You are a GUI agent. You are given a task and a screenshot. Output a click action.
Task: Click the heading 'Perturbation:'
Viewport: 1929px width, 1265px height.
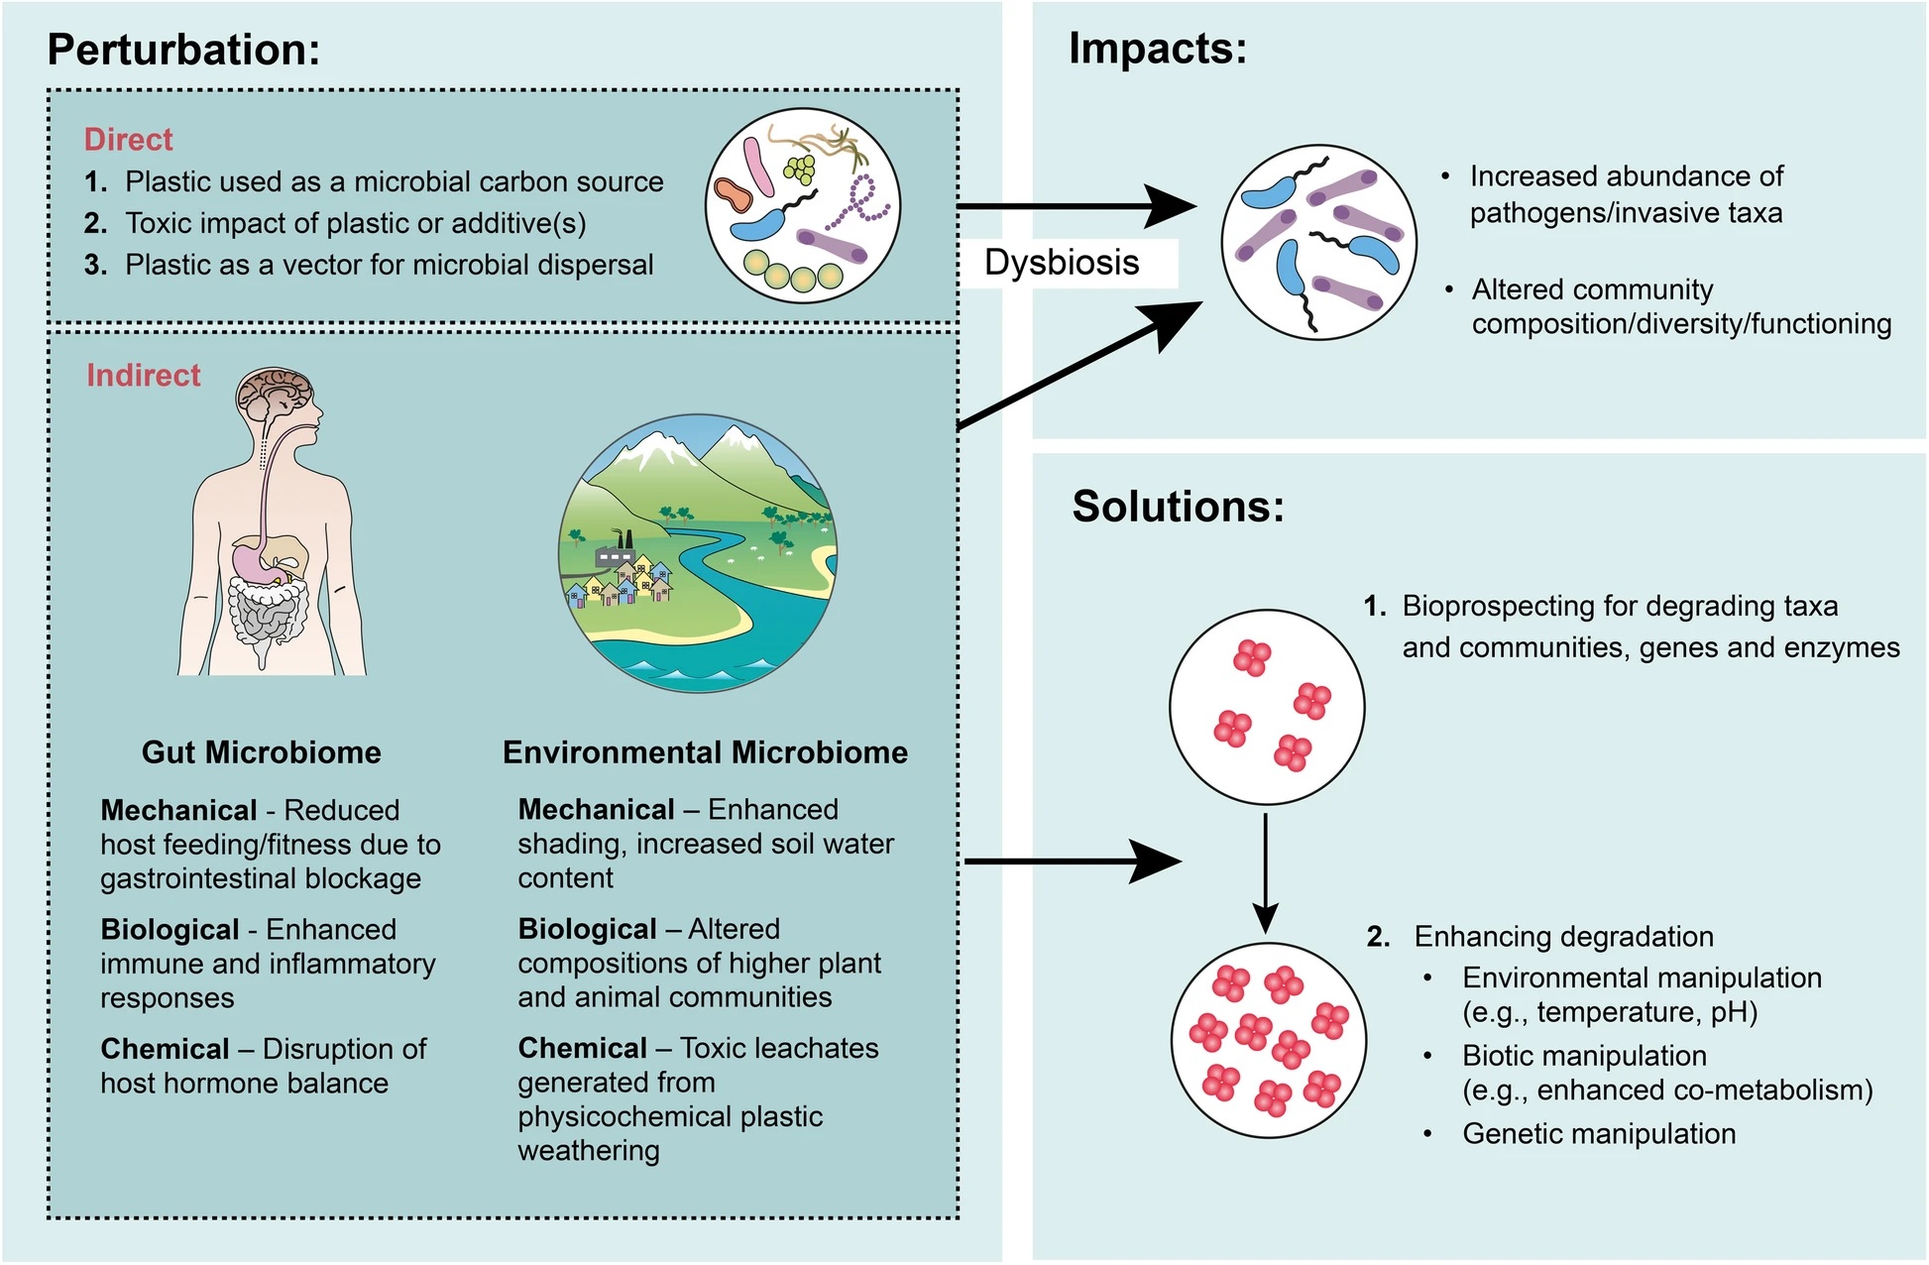tap(183, 50)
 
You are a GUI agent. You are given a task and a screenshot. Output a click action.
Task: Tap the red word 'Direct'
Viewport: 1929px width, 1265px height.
tap(128, 140)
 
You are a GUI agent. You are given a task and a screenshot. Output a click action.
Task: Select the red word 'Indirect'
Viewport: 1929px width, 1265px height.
tap(143, 376)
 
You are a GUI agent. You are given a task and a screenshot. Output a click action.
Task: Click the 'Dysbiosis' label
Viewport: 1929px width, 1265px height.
tap(1062, 263)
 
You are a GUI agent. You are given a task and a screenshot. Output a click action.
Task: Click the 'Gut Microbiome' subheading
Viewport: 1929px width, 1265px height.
tap(261, 752)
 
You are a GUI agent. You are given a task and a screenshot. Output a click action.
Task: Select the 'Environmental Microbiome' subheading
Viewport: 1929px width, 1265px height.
tap(705, 752)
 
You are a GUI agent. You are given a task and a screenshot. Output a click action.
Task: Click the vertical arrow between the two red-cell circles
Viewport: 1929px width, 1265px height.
tap(1266, 872)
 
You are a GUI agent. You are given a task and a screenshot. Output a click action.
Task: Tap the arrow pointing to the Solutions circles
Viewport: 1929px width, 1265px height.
tap(1071, 862)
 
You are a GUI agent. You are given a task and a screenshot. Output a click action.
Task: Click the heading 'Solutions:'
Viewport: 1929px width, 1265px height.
tap(1178, 507)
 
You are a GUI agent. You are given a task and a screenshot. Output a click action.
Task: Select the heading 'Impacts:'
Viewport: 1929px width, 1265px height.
tap(1157, 49)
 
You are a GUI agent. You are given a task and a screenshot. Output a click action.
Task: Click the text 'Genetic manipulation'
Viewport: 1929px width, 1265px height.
tap(1598, 1134)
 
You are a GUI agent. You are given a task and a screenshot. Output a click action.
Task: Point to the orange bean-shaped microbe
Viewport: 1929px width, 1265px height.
tap(735, 195)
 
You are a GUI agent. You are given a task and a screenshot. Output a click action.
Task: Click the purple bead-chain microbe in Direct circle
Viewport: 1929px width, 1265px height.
tap(860, 203)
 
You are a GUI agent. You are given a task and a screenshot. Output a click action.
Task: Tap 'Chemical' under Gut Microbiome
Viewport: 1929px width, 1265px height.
tap(165, 1049)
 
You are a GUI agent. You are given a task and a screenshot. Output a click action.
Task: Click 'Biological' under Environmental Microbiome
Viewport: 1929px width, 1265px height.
tap(587, 929)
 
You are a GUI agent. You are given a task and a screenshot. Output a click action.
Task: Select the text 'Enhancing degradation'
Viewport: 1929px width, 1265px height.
tap(1563, 937)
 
